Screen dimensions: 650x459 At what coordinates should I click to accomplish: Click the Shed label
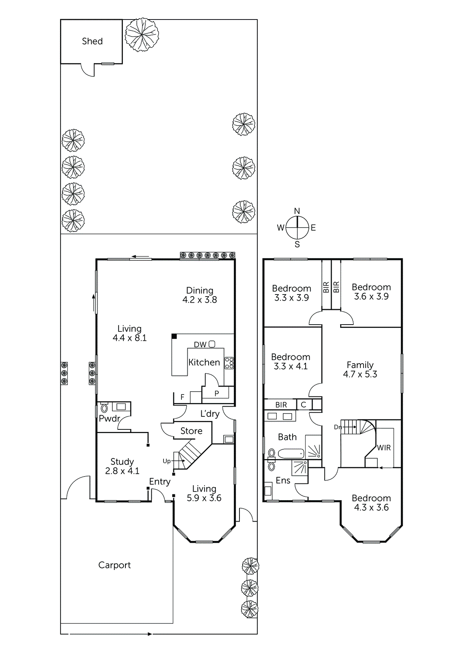tap(92, 41)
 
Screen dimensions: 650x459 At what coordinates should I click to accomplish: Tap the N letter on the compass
tap(297, 211)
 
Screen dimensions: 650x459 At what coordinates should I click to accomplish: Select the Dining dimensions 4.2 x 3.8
tap(200, 300)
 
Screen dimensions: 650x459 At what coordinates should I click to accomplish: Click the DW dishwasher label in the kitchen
tap(200, 344)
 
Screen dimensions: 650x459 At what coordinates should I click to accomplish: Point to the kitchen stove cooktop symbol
tap(229, 363)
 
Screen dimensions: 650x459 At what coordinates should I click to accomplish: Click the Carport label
tap(114, 565)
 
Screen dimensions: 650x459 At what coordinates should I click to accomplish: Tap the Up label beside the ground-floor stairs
tap(166, 461)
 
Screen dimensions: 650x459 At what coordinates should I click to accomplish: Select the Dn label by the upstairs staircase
tap(338, 427)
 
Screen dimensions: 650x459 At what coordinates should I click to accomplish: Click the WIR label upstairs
tap(384, 448)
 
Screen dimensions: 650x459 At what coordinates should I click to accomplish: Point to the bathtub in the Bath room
tap(291, 453)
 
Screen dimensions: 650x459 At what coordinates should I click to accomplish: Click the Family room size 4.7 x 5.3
tap(360, 374)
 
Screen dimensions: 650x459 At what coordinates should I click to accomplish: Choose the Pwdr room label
tap(109, 418)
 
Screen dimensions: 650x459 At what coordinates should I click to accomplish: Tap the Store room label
tap(191, 431)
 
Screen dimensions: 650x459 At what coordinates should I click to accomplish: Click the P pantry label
tap(217, 393)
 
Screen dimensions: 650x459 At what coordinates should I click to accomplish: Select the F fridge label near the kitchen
tap(183, 397)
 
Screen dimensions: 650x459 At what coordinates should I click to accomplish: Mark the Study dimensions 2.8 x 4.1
tap(122, 471)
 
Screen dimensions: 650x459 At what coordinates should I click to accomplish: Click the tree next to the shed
tap(142, 35)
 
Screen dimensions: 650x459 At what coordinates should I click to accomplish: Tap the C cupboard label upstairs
tap(303, 405)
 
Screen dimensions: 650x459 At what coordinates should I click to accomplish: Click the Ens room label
tap(283, 480)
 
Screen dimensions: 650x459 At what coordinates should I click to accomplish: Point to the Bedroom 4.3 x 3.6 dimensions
tap(371, 507)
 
